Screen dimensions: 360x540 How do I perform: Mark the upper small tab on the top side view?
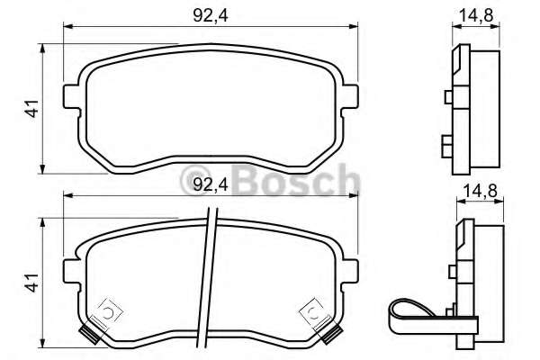click(449, 97)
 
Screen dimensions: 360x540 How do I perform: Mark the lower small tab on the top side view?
click(449, 143)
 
